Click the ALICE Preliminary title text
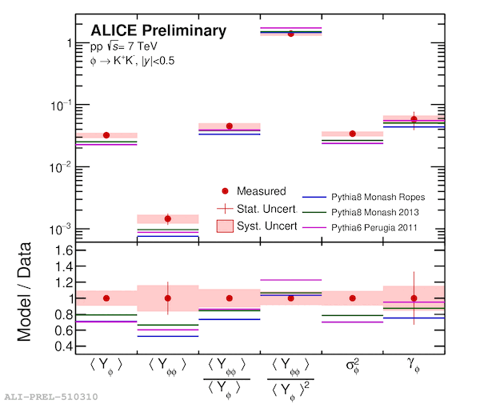point(158,31)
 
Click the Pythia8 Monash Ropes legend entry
point(378,197)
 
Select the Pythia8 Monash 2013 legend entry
point(375,212)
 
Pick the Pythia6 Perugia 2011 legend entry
point(374,227)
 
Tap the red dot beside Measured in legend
point(225,190)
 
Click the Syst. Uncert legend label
point(267,226)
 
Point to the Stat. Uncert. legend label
point(267,209)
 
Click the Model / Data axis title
point(25,292)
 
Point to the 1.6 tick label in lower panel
point(64,250)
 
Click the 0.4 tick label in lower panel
point(64,346)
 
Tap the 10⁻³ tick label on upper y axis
point(61,229)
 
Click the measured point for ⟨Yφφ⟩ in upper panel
point(168,218)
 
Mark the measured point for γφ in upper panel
point(414,119)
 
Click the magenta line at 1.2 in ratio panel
point(291,280)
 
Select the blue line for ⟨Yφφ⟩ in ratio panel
point(168,336)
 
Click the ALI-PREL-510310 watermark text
point(51,397)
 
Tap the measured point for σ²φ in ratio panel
point(352,298)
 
